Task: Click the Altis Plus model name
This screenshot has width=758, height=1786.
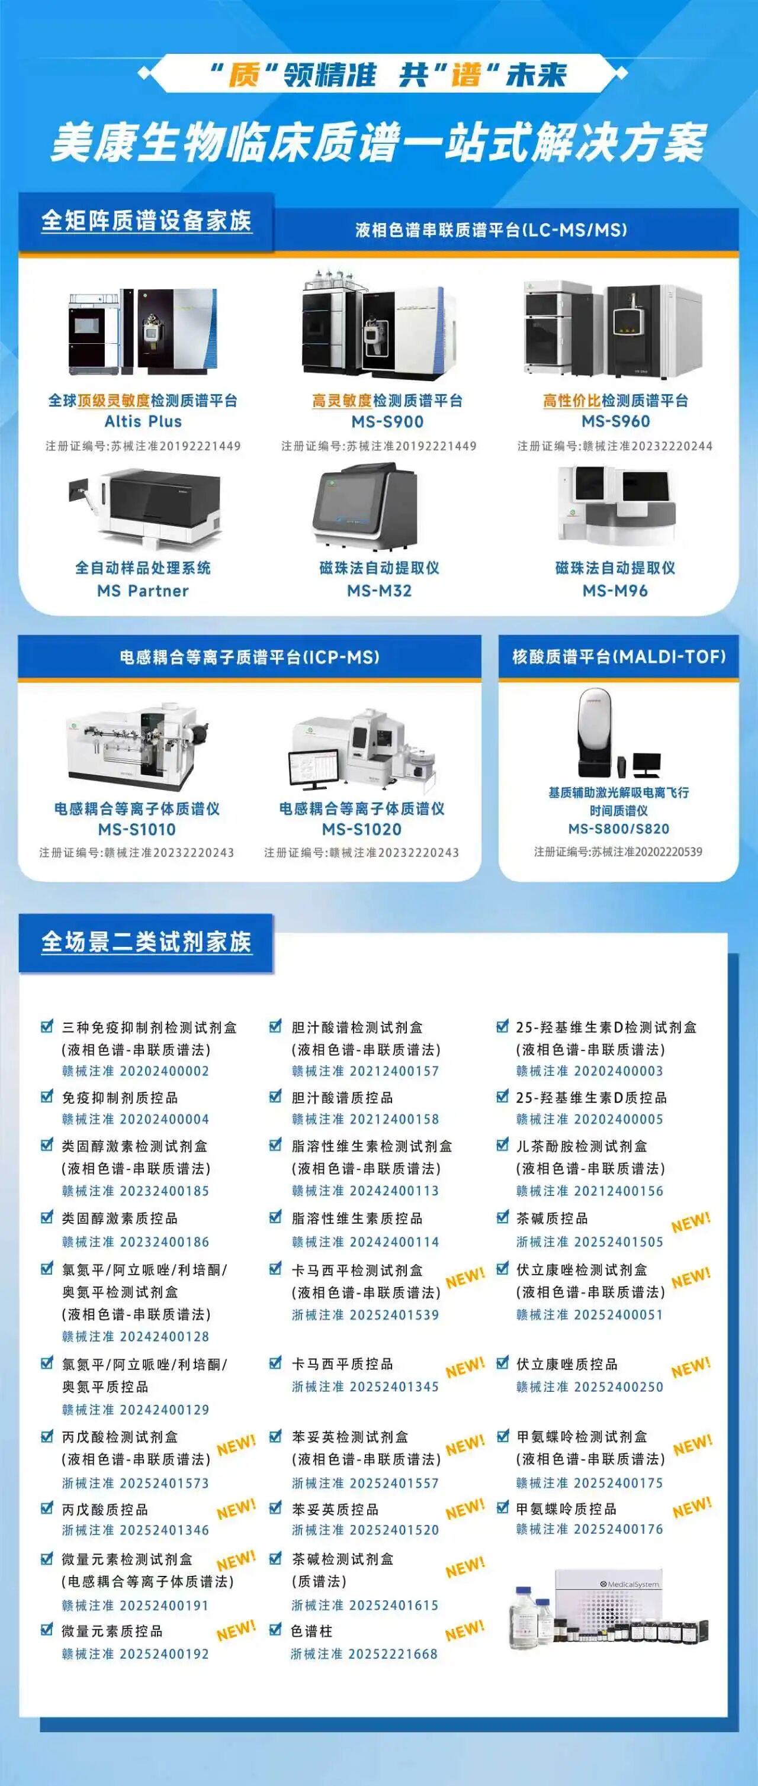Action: (143, 421)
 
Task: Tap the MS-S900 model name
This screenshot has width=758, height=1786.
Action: (387, 421)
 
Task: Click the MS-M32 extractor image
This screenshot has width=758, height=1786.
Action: (366, 507)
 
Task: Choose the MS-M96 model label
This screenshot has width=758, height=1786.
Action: (615, 591)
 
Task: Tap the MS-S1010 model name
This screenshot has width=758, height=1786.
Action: (137, 829)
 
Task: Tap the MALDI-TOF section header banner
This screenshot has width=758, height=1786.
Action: (619, 656)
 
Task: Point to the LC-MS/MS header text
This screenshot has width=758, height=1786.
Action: (490, 230)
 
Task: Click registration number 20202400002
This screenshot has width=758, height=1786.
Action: (165, 1071)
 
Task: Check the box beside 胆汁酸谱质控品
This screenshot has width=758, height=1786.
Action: (275, 1097)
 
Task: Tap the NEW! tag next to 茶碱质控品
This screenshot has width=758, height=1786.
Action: (690, 1223)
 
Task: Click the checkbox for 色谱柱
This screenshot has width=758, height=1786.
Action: (275, 1629)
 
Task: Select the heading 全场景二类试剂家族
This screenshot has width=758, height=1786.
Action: (146, 942)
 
